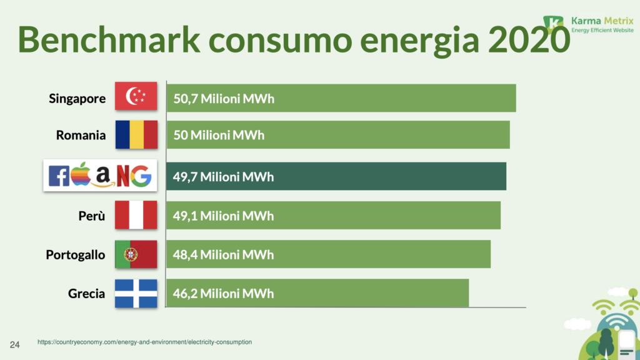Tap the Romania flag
tap(136, 134)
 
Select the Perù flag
tap(136, 216)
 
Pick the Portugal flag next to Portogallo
tap(136, 254)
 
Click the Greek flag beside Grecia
tap(136, 293)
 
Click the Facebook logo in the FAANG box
tap(59, 177)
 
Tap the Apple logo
tap(79, 175)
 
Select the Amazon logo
tap(102, 177)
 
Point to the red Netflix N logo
tap(122, 176)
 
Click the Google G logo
tap(141, 176)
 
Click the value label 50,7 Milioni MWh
tap(224, 99)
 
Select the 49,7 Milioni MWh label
tap(223, 177)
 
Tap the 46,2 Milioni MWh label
tap(223, 293)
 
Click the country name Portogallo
tap(76, 255)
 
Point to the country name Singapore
tap(77, 99)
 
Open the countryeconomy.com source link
tap(144, 342)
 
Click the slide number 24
tap(14, 344)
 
